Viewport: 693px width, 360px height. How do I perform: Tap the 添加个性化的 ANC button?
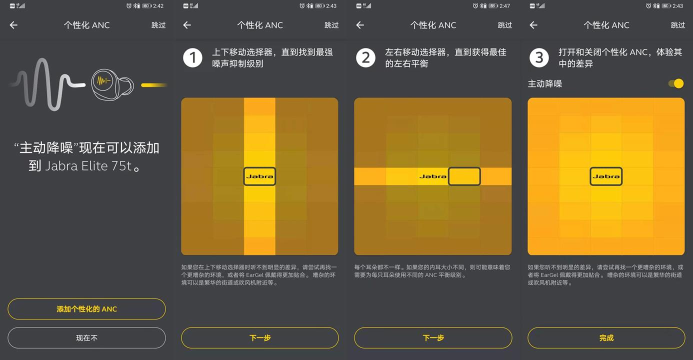coord(86,309)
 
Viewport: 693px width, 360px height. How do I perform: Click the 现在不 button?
coord(86,338)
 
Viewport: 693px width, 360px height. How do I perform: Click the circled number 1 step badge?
coord(192,58)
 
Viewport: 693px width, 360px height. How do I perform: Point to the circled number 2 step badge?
coord(365,58)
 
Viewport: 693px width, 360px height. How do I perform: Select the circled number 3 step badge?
coord(539,58)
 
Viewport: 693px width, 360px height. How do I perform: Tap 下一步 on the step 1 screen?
coord(260,338)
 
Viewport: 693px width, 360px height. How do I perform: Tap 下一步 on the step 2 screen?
coord(433,338)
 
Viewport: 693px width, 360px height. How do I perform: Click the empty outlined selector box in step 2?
coord(464,176)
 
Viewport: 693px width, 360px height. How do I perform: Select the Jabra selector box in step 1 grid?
coord(259,176)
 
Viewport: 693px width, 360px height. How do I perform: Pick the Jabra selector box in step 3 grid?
coord(606,176)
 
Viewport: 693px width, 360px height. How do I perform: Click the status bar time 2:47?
coord(504,6)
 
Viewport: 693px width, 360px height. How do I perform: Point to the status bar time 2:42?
coord(158,6)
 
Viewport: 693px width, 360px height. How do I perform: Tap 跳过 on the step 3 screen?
coord(678,25)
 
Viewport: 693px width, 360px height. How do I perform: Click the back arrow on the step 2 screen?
coord(360,25)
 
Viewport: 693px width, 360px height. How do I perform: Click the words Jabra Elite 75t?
coord(89,166)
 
